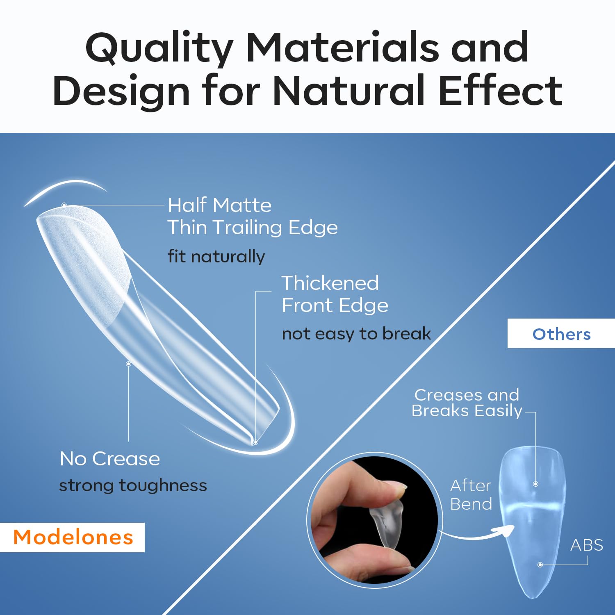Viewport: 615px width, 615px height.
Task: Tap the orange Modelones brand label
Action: coord(73,537)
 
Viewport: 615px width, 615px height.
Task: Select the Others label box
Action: coord(561,334)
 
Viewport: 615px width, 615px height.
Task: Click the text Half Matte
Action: coord(220,205)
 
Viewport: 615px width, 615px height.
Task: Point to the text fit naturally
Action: coord(216,257)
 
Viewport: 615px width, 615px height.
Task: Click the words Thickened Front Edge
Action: coord(334,294)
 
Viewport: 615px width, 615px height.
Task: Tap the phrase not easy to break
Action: coord(356,334)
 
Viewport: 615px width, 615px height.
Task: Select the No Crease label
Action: coord(110,458)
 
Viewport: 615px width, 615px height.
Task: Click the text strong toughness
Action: coord(133,485)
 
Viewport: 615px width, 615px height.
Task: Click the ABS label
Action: coord(586,545)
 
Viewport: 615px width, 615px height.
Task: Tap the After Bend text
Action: coord(471,494)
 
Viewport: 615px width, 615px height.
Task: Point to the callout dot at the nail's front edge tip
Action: coord(255,442)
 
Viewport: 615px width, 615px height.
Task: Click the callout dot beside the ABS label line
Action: coord(540,565)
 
